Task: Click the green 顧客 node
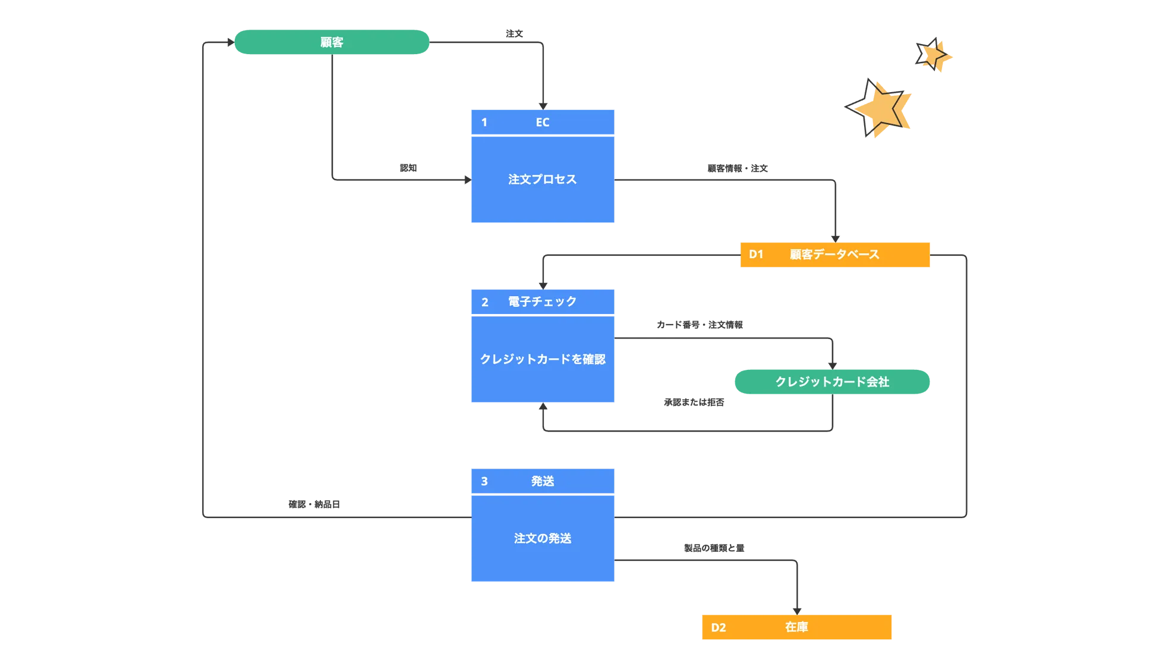332,42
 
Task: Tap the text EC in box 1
543,122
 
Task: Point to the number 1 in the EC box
484,122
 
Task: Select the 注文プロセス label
543,179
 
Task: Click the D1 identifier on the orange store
756,255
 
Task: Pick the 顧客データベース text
834,255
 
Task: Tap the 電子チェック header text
543,301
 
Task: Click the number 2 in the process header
485,302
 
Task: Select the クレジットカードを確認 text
543,359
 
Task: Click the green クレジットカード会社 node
832,382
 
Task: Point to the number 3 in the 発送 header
484,481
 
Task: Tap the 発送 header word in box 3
543,481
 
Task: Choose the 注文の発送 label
543,538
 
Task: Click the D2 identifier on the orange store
719,627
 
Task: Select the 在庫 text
796,627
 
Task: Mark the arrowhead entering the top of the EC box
543,105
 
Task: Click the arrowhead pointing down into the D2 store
796,609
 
